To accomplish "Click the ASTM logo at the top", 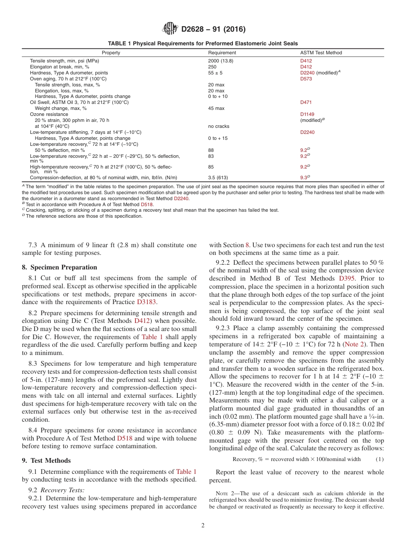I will click(171, 29).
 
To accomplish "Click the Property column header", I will click(111, 53).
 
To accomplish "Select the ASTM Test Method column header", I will click(321, 53).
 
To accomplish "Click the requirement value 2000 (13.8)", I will click(221, 61).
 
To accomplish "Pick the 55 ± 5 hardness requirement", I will click(215, 73).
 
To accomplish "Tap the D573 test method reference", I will click(306, 79).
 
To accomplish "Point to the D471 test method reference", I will click(306, 102).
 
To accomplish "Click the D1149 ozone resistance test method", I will click(307, 114).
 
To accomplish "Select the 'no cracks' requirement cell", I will click(218, 126).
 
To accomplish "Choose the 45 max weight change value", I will click(216, 108).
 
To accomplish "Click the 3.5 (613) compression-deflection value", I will click(218, 177).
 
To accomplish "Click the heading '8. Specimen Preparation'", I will click(59, 267).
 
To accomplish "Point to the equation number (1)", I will click(380, 459).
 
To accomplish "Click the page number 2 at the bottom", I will click(203, 526).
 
